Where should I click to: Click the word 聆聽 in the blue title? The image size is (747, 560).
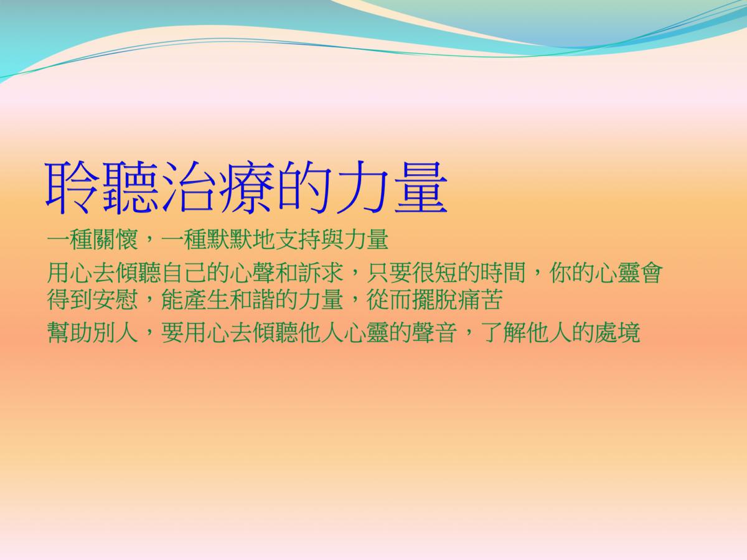coord(102,188)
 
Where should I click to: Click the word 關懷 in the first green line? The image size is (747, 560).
coord(115,240)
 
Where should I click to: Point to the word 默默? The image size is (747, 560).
coord(229,240)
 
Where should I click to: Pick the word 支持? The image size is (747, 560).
coord(298,240)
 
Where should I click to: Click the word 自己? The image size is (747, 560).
coord(184,273)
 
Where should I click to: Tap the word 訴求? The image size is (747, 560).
coord(321,273)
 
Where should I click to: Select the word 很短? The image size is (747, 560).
coord(435,273)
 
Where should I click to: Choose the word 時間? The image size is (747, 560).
coord(504,273)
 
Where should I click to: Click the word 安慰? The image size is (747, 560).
coord(115,299)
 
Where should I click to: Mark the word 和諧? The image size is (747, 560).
coord(253,299)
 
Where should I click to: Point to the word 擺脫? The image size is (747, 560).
coord(435,299)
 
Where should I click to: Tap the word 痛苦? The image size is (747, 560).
coord(481,299)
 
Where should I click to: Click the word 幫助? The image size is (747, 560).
coord(70,332)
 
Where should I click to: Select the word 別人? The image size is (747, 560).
coord(115,332)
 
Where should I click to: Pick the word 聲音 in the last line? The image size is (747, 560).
coord(435,332)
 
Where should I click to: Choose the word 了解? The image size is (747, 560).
coord(504,332)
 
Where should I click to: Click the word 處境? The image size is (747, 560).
coord(618,332)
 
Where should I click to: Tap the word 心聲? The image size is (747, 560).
coord(253,273)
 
